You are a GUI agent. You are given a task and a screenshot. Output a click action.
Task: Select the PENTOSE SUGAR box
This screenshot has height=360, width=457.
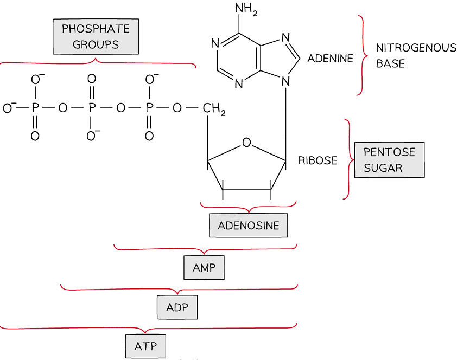click(389, 160)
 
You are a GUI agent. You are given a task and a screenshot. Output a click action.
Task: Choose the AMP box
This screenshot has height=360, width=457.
click(204, 267)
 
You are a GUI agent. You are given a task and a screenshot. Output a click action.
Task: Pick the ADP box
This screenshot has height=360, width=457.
click(177, 307)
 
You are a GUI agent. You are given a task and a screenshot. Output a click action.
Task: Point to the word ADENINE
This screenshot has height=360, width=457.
click(330, 58)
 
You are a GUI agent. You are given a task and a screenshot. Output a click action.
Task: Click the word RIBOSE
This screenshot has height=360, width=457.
click(318, 160)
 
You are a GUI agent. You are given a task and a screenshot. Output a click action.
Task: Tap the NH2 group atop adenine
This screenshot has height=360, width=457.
click(246, 10)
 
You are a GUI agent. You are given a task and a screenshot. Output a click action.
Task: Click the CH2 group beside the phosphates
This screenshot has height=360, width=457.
click(214, 109)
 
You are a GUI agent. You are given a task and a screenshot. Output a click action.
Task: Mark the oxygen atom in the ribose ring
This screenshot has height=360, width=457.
click(247, 143)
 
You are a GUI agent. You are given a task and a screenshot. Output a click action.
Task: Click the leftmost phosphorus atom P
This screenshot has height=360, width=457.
click(35, 108)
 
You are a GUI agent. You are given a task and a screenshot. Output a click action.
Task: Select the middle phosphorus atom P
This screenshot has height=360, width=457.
click(91, 108)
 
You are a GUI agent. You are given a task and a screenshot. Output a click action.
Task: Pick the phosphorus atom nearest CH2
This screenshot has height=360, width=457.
click(149, 108)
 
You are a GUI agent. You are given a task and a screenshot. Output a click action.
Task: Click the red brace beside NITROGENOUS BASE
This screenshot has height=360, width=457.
click(360, 55)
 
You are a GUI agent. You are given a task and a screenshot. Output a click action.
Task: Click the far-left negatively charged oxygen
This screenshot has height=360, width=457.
click(8, 108)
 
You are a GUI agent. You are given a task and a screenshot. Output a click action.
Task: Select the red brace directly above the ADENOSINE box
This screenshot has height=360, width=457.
click(248, 207)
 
